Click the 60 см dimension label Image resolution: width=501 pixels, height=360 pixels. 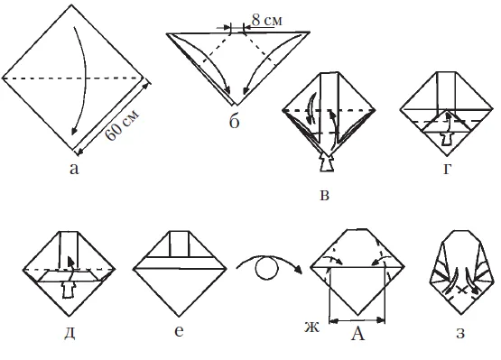[x=123, y=125]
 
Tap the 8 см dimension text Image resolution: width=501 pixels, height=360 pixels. [x=267, y=20]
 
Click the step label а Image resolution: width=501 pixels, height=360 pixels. [x=74, y=169]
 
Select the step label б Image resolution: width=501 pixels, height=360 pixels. [x=234, y=122]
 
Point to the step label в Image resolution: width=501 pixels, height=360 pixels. [x=324, y=195]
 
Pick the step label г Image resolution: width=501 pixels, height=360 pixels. [x=447, y=170]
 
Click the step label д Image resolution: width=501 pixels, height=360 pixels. [x=70, y=333]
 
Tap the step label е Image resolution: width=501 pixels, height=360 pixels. [x=180, y=331]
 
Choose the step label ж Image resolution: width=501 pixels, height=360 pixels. [x=311, y=328]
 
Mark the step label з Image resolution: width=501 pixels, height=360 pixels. [x=460, y=333]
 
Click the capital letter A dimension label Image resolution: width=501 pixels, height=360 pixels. [x=357, y=334]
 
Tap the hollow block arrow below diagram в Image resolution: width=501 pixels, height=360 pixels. [x=326, y=162]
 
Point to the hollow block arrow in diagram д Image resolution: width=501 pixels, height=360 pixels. [x=68, y=290]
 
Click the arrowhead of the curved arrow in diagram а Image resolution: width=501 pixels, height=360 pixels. [x=74, y=131]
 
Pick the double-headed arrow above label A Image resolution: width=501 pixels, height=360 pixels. [x=357, y=320]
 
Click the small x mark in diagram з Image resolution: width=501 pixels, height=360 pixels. [x=460, y=290]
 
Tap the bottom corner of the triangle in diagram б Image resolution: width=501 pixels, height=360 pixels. [x=237, y=105]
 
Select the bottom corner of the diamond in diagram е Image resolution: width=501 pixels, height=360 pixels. [x=179, y=316]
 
